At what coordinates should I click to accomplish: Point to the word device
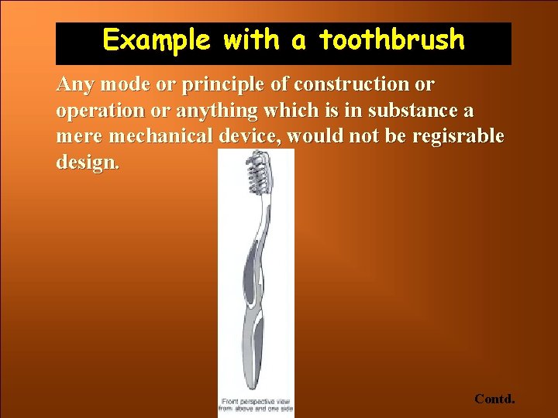click(253, 137)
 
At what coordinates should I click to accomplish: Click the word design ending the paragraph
click(87, 164)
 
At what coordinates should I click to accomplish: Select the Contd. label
click(494, 399)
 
